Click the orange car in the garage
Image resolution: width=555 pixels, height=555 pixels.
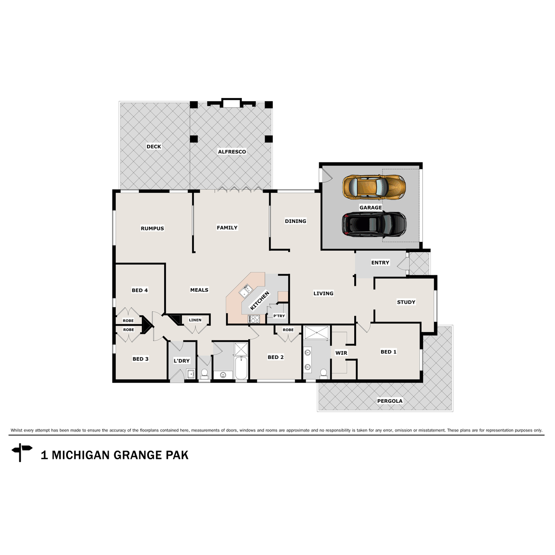coord(374,186)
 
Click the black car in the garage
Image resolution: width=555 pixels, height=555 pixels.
coord(374,224)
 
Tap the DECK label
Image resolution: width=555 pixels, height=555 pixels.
coord(154,147)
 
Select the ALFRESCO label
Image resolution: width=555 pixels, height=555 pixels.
coord(232,152)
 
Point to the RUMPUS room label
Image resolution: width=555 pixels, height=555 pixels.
coord(152,228)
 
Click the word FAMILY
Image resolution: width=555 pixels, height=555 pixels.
coord(227,228)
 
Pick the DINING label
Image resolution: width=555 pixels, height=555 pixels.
coord(296,221)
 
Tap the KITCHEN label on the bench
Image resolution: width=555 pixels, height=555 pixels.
coord(259,301)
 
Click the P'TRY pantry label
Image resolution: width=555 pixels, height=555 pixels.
coord(279,316)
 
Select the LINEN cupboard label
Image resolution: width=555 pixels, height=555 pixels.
coord(195,320)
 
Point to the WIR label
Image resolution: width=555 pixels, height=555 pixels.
coord(341,353)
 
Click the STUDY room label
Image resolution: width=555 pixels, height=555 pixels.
coord(406,302)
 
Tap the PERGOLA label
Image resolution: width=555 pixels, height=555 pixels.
coord(390,401)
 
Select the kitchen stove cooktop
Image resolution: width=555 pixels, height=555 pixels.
coord(254,319)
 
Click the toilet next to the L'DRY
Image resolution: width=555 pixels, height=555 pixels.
coord(204,373)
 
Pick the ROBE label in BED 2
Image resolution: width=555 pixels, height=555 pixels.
coord(288,330)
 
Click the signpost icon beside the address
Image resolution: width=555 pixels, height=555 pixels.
coord(21,452)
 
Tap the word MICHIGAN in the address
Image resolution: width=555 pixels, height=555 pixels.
coord(80,455)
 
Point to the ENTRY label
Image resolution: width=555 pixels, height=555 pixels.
coord(380,263)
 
